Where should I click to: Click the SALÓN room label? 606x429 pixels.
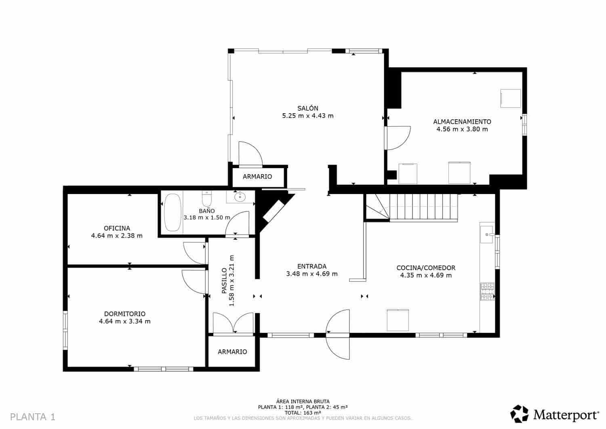[308, 108]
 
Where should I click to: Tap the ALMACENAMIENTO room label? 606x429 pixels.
[462, 122]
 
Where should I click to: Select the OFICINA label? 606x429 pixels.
[117, 228]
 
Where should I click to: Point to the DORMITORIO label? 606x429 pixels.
[125, 314]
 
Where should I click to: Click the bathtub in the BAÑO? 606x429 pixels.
[173, 213]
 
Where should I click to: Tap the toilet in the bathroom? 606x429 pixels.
[206, 199]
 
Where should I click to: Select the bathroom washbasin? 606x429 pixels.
[240, 197]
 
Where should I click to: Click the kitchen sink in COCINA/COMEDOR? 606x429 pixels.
[487, 234]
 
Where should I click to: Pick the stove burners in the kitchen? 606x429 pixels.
[487, 292]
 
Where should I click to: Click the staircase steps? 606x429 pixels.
[420, 206]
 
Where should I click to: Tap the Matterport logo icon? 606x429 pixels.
[520, 414]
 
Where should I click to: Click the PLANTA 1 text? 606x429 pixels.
[32, 417]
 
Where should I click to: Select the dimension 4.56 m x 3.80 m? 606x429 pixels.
[462, 129]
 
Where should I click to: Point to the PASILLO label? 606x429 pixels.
[224, 281]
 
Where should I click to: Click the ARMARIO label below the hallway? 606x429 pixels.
[232, 352]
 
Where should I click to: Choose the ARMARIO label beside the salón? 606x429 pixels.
[257, 177]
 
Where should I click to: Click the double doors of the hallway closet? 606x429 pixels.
[233, 323]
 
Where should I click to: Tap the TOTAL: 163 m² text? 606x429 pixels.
[303, 413]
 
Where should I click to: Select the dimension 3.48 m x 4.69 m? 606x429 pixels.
[312, 274]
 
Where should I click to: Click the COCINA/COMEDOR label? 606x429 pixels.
[426, 268]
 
